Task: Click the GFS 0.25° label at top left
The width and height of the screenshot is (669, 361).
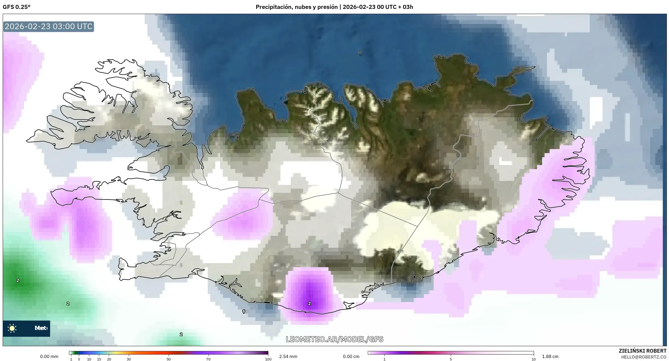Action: [x=16, y=7]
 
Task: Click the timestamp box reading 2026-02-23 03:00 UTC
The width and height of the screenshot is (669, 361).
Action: [x=48, y=26]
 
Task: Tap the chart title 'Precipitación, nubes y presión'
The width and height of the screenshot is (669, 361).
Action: [x=296, y=7]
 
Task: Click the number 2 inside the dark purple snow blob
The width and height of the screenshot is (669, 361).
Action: [x=309, y=304]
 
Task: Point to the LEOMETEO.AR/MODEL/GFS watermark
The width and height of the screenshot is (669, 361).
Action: [x=334, y=339]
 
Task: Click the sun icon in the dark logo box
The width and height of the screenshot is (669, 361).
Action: [x=12, y=328]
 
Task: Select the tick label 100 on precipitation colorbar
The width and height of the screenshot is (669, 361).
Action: [x=268, y=359]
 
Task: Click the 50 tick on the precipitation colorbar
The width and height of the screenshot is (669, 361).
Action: [x=168, y=359]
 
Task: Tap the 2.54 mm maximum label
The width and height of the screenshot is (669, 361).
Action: [x=288, y=356]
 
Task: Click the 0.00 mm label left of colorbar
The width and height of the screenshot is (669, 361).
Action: [x=49, y=356]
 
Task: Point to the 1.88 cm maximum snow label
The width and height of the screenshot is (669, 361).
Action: [x=550, y=356]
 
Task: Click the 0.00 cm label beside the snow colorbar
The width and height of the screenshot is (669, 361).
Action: [x=351, y=356]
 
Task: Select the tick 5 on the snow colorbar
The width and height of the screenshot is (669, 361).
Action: [x=451, y=359]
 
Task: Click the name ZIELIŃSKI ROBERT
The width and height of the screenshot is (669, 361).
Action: [x=642, y=351]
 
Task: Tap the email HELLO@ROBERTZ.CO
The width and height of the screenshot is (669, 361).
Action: [x=644, y=357]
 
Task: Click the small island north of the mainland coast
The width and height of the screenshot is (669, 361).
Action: [x=360, y=53]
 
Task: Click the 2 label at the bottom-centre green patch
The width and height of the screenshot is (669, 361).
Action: [x=181, y=334]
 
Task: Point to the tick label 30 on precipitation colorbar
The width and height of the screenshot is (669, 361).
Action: [x=129, y=359]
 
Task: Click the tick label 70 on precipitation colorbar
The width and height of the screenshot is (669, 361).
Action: [x=208, y=359]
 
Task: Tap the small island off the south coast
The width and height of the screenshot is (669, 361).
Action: [x=244, y=312]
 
